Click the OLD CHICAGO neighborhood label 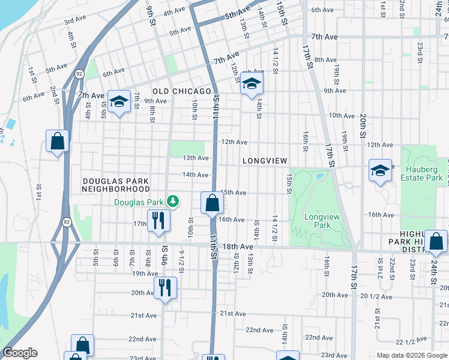pos(182,91)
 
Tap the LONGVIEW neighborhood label pos(265,161)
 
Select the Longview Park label pos(318,221)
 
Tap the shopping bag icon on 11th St pos(212,203)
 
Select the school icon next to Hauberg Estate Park pos(380,172)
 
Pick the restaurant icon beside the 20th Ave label pos(166,287)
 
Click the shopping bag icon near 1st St pos(58,142)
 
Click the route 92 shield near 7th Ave pos(79,73)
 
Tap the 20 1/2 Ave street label pos(376,296)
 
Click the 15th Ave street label pos(234,193)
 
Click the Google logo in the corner pos(20,353)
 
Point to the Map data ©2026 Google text pos(411,355)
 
